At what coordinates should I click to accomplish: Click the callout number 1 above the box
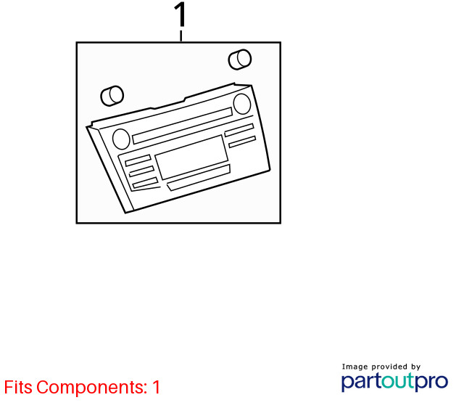[x=181, y=15]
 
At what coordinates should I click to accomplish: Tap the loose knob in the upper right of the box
[x=240, y=60]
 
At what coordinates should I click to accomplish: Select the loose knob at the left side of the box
[x=112, y=96]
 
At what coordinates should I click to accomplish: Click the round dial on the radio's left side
[x=121, y=139]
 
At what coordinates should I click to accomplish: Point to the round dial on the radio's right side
[x=242, y=104]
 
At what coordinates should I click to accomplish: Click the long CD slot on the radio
[x=183, y=126]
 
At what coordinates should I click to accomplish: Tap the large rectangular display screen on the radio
[x=191, y=158]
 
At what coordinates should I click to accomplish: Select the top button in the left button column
[x=138, y=160]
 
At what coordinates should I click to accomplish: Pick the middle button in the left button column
[x=141, y=171]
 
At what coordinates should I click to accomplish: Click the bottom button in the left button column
[x=145, y=183]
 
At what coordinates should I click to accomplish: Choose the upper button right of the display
[x=239, y=131]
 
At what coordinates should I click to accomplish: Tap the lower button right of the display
[x=242, y=142]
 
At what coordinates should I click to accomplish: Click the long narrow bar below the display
[x=199, y=178]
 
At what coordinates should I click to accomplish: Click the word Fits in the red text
[x=18, y=387]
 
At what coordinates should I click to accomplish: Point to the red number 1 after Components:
[x=157, y=387]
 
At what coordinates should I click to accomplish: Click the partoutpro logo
[x=394, y=382]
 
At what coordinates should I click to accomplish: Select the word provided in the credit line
[x=389, y=367]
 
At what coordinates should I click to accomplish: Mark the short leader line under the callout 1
[x=181, y=36]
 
